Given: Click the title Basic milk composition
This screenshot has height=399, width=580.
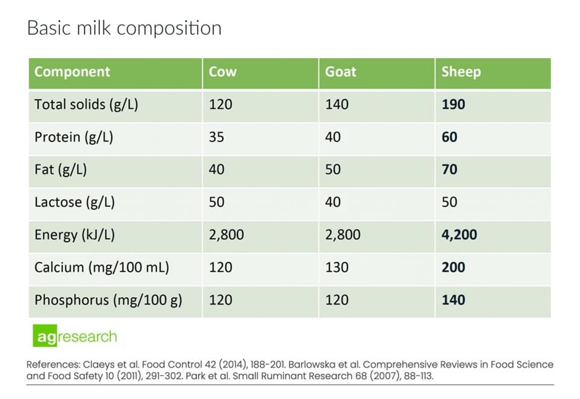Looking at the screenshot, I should click(124, 28).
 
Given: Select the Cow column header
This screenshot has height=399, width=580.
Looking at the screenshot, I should click(222, 72).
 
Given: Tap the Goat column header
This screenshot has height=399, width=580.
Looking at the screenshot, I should click(341, 72).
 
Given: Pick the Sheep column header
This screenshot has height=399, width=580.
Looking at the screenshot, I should click(460, 72).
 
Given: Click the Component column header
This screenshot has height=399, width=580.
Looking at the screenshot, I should click(72, 72).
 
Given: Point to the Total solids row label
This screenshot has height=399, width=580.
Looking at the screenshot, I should click(86, 104).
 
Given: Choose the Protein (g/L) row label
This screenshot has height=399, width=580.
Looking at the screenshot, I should click(74, 136).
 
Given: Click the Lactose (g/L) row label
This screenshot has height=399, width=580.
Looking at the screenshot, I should click(75, 202).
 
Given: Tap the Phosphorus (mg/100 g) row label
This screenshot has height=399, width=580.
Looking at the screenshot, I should click(108, 300).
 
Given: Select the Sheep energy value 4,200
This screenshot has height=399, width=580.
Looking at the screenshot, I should click(459, 235).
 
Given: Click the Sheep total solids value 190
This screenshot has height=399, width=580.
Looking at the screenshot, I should click(453, 104).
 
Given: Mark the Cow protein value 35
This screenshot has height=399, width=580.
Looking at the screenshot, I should click(216, 136).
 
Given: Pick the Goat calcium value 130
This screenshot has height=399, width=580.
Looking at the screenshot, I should click(336, 267).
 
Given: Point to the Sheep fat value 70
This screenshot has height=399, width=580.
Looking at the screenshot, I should click(449, 169).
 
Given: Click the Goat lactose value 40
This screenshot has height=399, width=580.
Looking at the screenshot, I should click(333, 202).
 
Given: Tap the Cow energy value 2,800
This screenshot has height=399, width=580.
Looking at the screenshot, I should click(226, 235).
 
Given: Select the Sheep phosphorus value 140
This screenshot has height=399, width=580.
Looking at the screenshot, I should click(453, 300).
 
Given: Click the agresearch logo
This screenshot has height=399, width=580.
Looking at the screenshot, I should click(75, 337).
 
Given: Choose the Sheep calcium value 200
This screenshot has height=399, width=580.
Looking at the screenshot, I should click(453, 267).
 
